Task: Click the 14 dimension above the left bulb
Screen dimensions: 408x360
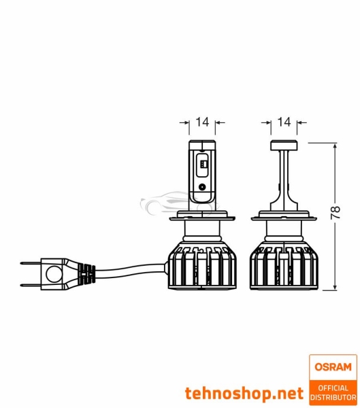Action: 202,122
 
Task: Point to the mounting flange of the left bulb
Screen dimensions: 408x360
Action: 202,217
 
